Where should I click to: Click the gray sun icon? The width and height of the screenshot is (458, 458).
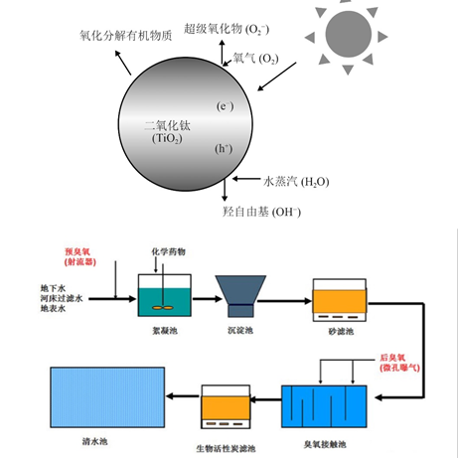coord(349,37)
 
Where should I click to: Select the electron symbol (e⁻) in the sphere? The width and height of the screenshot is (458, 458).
coord(225,106)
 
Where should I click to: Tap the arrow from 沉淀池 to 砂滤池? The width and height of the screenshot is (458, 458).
coord(287,295)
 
